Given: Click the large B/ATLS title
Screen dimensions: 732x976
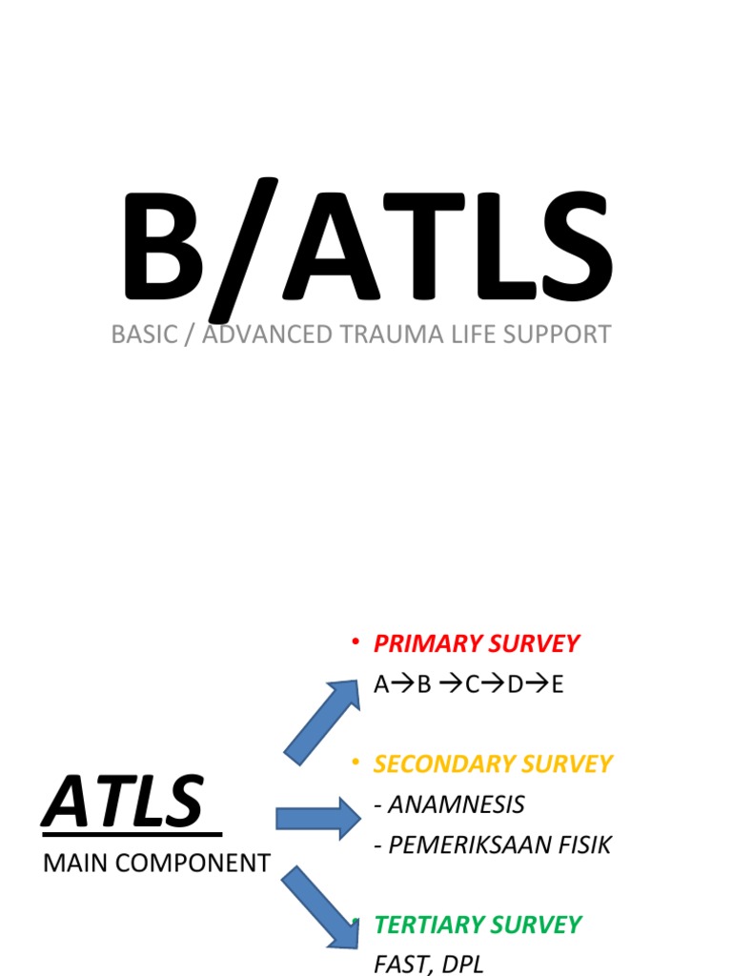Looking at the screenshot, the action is pos(365,250).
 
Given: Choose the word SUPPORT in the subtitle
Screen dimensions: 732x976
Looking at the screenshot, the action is pos(557,335).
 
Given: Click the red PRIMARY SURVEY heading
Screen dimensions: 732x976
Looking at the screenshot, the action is pos(477,644).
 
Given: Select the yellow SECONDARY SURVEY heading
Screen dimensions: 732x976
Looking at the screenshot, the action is pos(493,764).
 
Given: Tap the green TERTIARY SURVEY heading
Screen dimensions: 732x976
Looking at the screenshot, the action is pos(478,925).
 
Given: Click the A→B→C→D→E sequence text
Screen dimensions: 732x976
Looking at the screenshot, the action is pos(469,685).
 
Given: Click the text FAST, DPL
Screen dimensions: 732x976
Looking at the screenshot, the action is pos(429,964).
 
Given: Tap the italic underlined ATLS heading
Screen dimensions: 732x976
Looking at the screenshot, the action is pos(124,803).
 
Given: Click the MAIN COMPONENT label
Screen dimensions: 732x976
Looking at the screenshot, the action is pos(157,864).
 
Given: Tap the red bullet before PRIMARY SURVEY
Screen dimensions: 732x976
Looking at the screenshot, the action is pos(356,644).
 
